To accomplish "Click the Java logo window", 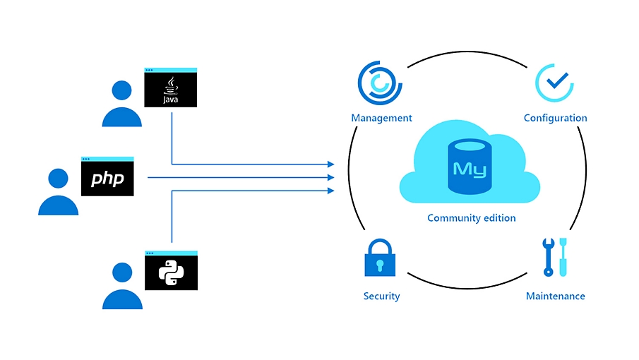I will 170,88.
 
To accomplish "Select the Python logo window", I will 170,270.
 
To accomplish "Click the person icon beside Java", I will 122,104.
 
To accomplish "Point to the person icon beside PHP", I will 58,193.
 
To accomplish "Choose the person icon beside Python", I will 122,287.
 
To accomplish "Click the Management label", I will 381,119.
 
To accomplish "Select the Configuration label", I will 555,119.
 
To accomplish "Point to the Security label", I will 381,296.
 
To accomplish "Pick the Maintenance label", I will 555,296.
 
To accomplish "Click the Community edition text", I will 471,218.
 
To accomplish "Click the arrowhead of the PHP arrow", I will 331,177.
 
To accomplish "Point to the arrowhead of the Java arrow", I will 331,164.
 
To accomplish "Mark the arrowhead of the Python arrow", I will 331,191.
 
